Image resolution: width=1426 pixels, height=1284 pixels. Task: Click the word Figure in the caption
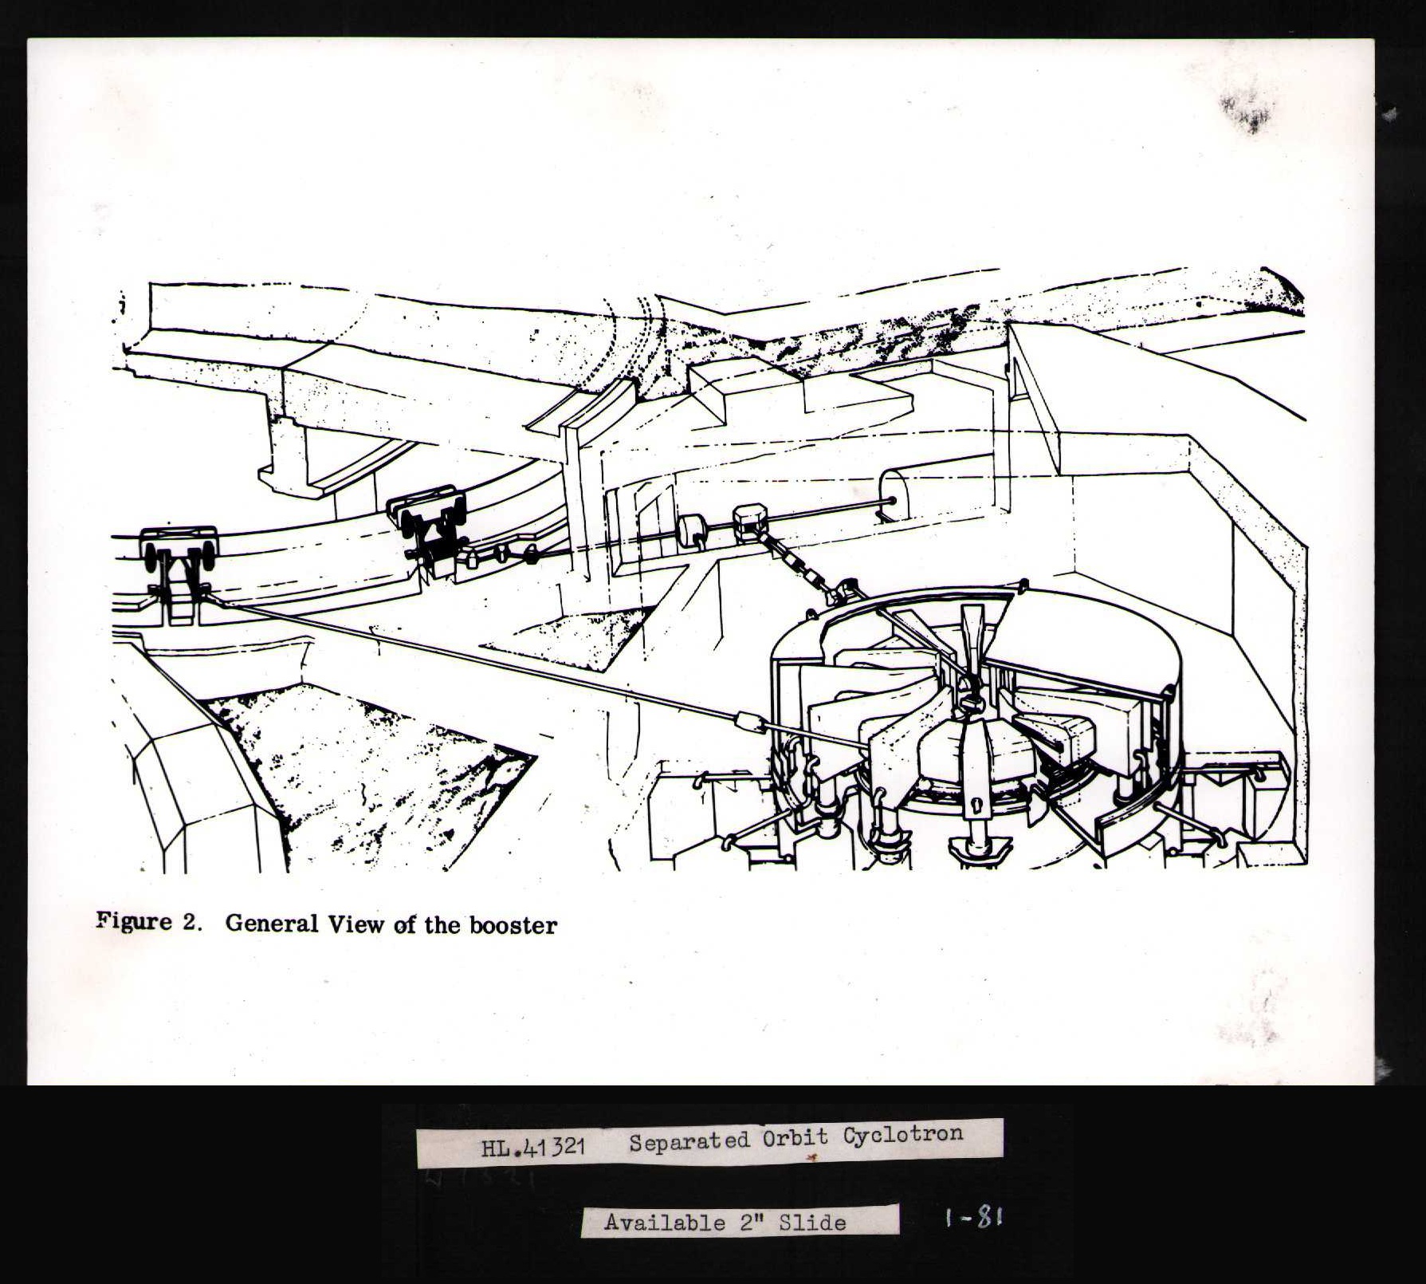134,922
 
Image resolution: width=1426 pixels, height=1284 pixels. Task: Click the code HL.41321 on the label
533,1148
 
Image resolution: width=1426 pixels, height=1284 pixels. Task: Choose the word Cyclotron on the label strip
903,1135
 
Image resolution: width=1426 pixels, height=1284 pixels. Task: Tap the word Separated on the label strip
689,1142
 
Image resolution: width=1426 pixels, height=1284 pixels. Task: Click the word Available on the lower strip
664,1223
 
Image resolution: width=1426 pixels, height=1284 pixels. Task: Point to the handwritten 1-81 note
972,1217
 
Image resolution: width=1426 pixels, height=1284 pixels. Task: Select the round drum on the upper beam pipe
692,530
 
